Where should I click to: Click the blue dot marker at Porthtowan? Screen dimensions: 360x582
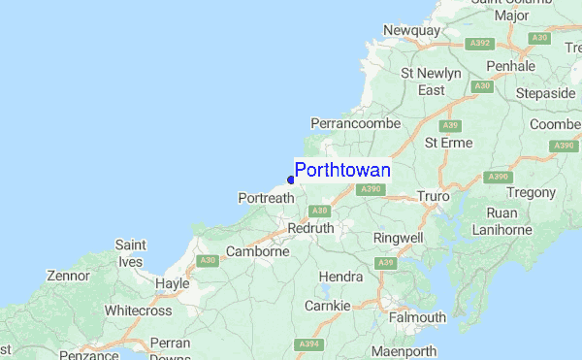pyautogui.click(x=291, y=180)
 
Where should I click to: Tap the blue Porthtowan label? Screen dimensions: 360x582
pyautogui.click(x=342, y=171)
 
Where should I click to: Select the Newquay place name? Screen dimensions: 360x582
pyautogui.click(x=411, y=31)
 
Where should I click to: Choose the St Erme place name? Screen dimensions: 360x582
pyautogui.click(x=449, y=143)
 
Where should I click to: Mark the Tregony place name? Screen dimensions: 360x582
pyautogui.click(x=529, y=193)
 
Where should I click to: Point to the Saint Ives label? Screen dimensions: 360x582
pyautogui.click(x=130, y=253)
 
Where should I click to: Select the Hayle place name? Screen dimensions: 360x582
pyautogui.click(x=172, y=283)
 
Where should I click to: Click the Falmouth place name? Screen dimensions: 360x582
pyautogui.click(x=417, y=317)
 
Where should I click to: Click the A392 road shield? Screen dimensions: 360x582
pyautogui.click(x=477, y=44)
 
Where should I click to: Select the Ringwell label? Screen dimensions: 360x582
pyautogui.click(x=399, y=237)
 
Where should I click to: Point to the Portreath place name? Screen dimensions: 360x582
pyautogui.click(x=266, y=198)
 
